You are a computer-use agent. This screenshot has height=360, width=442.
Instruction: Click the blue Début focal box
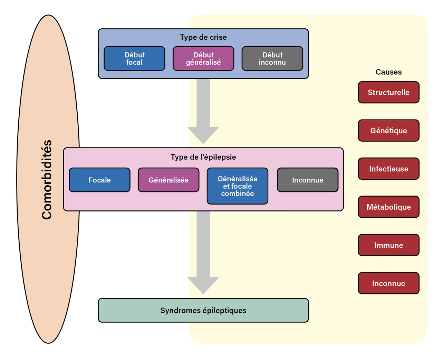134,59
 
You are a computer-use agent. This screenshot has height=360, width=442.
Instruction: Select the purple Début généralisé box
203,59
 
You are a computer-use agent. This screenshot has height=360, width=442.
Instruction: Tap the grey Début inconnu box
272,59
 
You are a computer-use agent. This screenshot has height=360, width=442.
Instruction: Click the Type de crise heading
203,37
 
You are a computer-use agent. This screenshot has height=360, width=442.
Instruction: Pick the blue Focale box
99,180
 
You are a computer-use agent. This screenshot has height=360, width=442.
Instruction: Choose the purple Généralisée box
169,180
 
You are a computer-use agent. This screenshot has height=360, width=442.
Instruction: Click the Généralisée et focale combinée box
238,186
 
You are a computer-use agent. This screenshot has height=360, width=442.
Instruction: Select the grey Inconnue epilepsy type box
308,180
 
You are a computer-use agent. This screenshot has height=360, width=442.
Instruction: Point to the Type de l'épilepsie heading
203,157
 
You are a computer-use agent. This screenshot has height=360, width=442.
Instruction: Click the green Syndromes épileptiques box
203,310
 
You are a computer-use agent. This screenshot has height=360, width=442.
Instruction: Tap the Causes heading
388,72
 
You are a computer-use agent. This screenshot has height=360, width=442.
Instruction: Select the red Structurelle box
388,93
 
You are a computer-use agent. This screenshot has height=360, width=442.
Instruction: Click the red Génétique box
388,131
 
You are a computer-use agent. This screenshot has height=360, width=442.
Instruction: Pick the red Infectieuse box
388,169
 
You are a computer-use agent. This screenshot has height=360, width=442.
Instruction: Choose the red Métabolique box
388,207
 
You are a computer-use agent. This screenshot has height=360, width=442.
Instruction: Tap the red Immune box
388,245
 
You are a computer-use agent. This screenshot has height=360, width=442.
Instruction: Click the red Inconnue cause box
388,283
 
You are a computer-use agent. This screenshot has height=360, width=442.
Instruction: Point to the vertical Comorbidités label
47,180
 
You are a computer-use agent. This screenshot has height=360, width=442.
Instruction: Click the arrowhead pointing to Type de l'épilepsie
203,135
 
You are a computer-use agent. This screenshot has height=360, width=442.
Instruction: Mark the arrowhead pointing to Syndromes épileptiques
203,285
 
